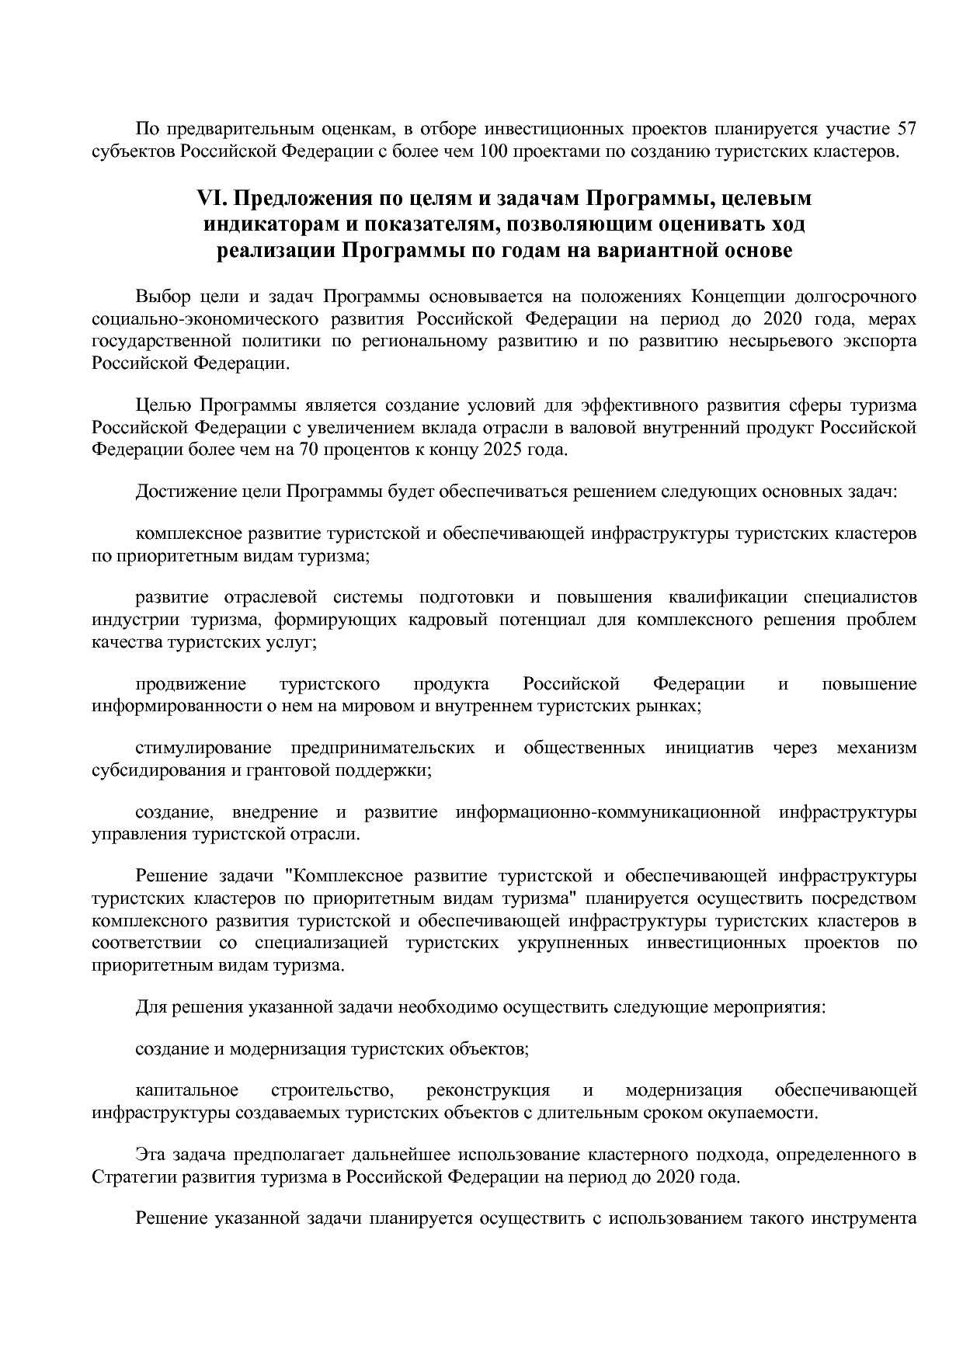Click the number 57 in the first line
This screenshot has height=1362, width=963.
point(907,128)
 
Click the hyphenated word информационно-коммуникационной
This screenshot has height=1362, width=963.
point(607,813)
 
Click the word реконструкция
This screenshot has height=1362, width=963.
point(488,1090)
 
